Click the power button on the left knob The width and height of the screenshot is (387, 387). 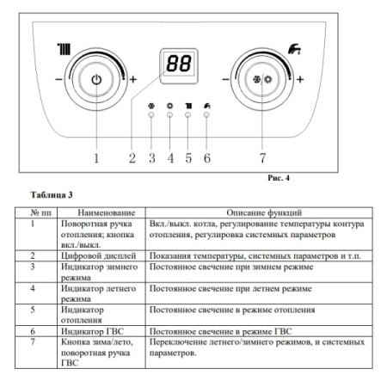tap(96, 81)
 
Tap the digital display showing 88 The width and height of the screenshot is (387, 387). tap(178, 64)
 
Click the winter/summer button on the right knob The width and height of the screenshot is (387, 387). tap(265, 81)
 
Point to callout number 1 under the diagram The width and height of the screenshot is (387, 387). tap(96, 157)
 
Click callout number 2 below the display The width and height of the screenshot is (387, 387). tap(132, 157)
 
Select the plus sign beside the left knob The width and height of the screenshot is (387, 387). tap(133, 81)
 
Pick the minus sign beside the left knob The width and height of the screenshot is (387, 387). tap(57, 81)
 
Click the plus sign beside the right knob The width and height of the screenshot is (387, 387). tap(301, 81)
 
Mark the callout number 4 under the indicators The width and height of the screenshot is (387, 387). tap(169, 157)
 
